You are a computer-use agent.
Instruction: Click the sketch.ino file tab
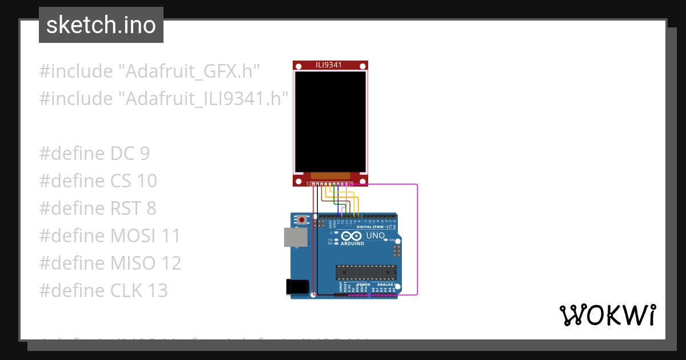coord(101,25)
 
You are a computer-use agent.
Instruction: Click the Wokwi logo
coord(607,315)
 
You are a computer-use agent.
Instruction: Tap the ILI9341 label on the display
coord(329,65)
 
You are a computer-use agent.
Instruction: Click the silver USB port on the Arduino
coord(295,238)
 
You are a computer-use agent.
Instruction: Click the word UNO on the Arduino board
coord(376,235)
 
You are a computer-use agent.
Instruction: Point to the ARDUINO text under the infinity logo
coord(352,244)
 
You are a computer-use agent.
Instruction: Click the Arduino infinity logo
coord(352,235)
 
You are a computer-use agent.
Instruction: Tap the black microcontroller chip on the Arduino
coord(366,272)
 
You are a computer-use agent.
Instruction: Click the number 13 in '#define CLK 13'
coord(156,291)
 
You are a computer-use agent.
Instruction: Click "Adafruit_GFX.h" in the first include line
coord(189,72)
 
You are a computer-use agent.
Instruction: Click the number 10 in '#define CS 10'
coord(147,181)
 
